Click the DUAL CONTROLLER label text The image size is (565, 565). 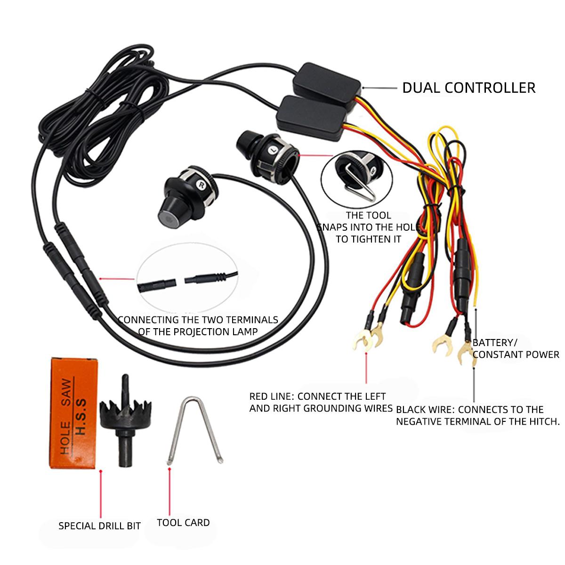tap(468, 88)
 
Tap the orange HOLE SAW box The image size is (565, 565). tap(73, 413)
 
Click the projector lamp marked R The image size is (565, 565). tap(188, 196)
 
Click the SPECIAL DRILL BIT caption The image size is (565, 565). tap(100, 526)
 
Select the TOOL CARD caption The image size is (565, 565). tap(183, 523)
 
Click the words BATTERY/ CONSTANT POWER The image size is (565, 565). tap(516, 348)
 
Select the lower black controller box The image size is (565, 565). tap(312, 117)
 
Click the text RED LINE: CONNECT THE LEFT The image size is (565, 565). tap(317, 396)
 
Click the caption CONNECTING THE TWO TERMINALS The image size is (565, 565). tap(198, 320)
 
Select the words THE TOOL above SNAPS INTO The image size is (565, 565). tap(368, 216)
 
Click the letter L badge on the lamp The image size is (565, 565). tap(273, 150)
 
